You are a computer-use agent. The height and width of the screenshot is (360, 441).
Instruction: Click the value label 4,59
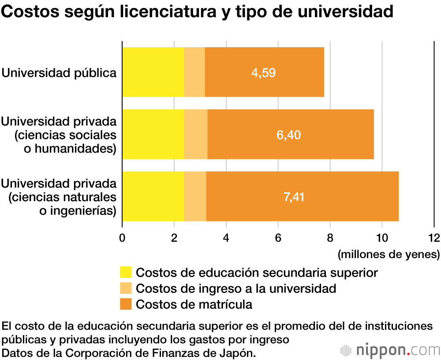263,72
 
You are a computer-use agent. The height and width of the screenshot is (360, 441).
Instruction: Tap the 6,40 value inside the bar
288,135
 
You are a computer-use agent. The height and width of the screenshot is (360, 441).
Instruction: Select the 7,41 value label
294,197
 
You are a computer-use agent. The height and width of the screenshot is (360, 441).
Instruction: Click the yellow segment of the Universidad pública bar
153,72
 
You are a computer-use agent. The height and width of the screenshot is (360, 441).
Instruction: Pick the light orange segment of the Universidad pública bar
194,72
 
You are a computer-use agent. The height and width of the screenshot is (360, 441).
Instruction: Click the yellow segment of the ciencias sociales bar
153,134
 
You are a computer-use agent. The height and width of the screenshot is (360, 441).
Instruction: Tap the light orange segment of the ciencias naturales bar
195,196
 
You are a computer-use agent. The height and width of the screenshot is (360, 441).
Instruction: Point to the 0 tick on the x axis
122,238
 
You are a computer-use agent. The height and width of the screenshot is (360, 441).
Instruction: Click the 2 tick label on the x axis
174,238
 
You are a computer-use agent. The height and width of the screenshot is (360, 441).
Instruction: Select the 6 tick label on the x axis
278,238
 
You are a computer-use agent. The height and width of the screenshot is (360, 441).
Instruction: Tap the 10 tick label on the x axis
381,238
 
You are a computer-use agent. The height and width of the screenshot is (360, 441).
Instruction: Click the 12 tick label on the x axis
434,238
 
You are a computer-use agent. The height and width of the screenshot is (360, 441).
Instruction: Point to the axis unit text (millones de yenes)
389,255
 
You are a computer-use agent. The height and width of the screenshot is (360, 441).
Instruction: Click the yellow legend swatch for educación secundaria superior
126,273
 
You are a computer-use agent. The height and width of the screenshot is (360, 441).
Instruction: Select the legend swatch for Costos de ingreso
126,289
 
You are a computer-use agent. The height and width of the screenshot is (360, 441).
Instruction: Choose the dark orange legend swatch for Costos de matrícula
126,304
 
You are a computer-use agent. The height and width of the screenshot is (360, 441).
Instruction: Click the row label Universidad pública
59,72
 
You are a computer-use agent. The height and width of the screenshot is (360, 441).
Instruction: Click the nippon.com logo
390,350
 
